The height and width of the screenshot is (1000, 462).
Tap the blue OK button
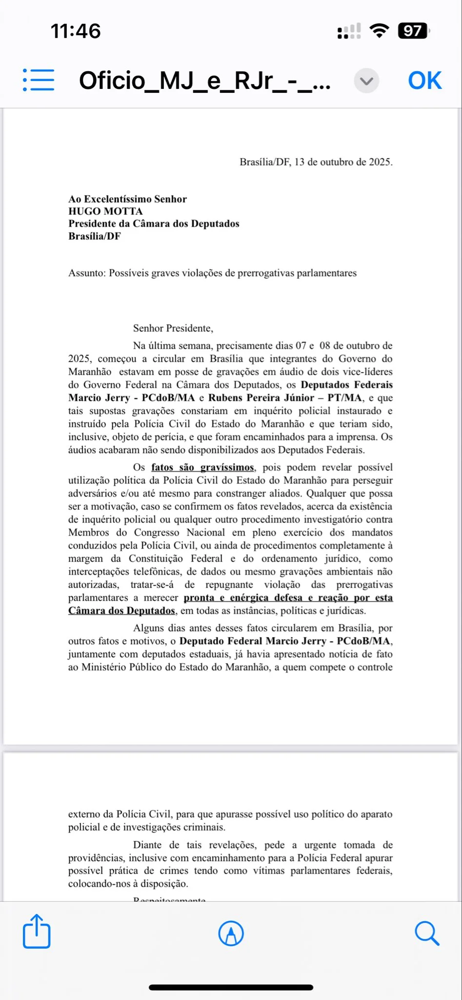424,81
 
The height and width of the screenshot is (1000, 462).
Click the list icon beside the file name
39,80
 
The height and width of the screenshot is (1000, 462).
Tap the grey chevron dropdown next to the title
366,81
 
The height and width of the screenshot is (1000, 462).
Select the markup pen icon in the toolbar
231,933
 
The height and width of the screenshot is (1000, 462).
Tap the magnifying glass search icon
427,933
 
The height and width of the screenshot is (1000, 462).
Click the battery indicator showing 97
413,31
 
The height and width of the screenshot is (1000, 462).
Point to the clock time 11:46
76,31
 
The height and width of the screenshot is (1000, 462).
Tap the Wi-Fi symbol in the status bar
379,31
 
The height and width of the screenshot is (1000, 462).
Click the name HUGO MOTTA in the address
105,211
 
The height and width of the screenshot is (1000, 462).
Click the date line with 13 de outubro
316,162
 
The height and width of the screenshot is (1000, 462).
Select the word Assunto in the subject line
86,273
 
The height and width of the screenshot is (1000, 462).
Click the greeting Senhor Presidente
173,328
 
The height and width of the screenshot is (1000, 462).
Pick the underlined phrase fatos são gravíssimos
202,467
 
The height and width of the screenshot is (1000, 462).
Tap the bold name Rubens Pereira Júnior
261,398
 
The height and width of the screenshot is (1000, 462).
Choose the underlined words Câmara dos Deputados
121,611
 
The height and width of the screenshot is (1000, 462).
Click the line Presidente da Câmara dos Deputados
154,224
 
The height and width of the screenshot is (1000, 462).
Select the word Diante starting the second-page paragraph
147,845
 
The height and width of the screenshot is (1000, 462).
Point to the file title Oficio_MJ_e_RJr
205,81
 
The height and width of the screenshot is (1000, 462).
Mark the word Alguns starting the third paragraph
148,628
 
